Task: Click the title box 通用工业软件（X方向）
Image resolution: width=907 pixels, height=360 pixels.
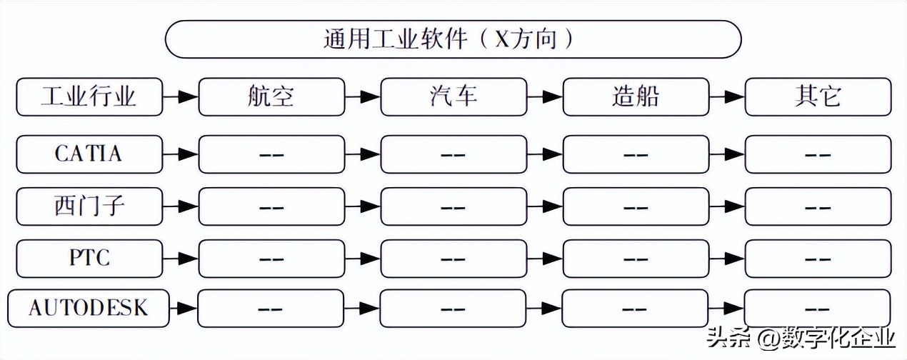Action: click(453, 39)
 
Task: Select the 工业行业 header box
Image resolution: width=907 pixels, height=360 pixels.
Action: click(89, 96)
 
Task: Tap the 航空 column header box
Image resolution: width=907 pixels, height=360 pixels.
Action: click(271, 96)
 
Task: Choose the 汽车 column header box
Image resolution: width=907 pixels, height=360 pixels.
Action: click(453, 96)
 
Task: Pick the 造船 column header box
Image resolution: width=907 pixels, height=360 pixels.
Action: click(636, 96)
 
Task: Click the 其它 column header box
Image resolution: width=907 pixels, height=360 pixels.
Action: click(818, 96)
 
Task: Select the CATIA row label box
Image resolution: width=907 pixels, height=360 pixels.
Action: click(89, 154)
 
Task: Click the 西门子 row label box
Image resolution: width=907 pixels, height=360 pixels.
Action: click(89, 206)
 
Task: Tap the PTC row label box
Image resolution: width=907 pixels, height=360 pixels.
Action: click(89, 257)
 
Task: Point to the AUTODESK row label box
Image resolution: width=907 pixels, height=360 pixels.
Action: click(89, 308)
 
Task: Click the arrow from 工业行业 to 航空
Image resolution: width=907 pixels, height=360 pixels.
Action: click(181, 96)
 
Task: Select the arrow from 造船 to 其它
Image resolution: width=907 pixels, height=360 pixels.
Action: click(727, 96)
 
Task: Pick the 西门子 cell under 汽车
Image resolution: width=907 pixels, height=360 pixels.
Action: click(453, 206)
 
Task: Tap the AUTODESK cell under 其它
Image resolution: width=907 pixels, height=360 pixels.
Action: click(818, 309)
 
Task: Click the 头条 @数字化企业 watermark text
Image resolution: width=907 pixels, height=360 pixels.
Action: click(800, 336)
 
